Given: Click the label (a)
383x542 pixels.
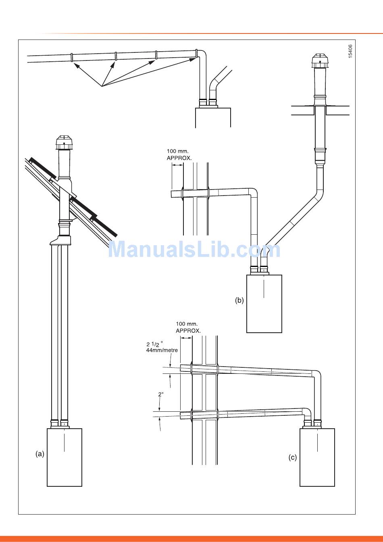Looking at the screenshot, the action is click(40, 454).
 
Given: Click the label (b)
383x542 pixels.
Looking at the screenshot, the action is click(239, 300).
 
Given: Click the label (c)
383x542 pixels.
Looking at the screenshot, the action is click(293, 457).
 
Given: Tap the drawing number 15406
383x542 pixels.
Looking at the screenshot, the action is click(350, 51).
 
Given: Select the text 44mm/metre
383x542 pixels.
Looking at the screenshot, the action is click(162, 350).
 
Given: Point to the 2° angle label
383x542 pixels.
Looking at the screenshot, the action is click(160, 394).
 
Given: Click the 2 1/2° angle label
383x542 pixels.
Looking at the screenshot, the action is click(155, 344).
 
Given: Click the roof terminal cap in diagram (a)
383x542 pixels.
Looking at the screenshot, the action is click(64, 142).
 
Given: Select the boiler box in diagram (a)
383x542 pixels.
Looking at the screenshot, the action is click(65, 457).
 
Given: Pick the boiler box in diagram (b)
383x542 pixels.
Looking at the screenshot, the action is click(264, 303).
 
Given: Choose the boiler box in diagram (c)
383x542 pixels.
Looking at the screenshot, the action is click(317, 457).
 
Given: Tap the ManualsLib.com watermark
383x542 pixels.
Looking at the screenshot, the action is click(194, 250).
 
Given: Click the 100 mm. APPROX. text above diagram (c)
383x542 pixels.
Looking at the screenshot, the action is click(188, 327).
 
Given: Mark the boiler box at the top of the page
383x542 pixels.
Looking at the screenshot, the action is click(213, 117).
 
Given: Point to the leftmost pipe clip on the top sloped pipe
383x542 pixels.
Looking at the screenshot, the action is click(72, 58).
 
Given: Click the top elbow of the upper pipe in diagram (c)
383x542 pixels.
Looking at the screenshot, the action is click(317, 374).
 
